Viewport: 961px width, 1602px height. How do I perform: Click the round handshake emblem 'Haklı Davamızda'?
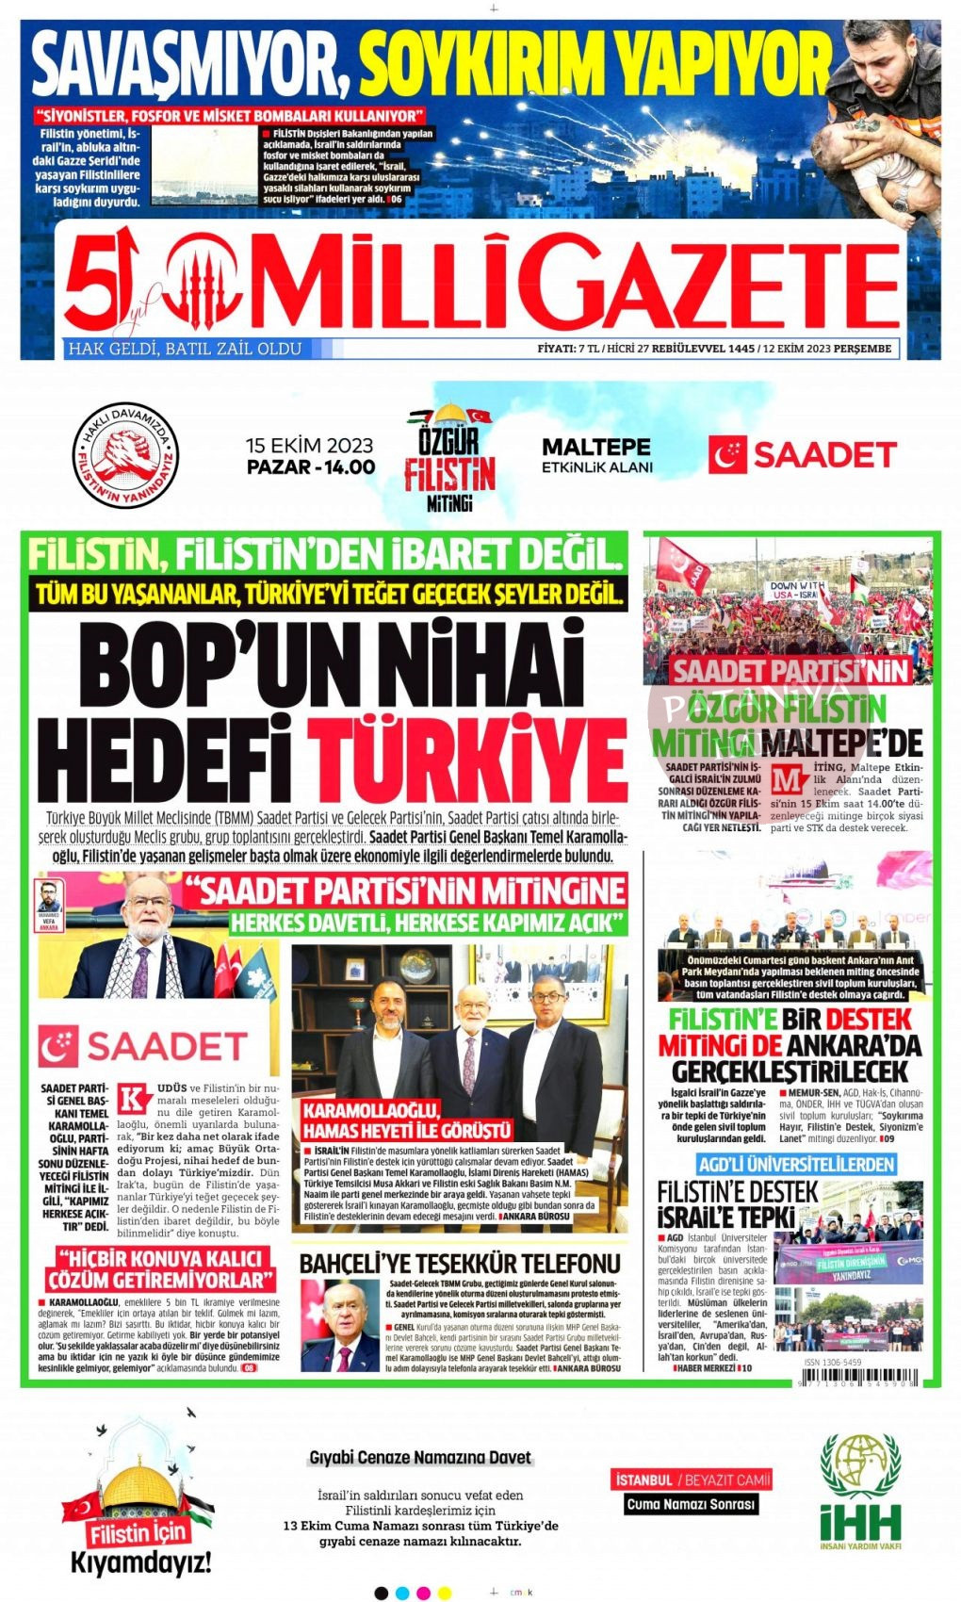[125, 455]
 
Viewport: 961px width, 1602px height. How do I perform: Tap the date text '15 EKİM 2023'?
[309, 445]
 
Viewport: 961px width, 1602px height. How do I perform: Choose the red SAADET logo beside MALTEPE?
[802, 455]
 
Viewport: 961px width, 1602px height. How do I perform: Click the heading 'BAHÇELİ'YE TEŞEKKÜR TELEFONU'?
[460, 1264]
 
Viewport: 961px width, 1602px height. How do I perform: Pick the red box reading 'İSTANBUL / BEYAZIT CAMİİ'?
[692, 1480]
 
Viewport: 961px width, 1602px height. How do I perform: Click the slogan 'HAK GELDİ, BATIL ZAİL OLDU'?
[185, 349]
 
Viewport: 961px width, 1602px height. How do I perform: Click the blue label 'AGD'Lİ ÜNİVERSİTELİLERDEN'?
[796, 1164]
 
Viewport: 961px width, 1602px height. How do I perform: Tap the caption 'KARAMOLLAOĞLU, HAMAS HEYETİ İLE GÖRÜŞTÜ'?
[407, 1119]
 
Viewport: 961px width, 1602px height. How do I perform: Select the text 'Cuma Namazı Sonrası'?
[692, 1504]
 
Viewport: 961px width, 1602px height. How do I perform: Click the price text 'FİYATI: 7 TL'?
[569, 349]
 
